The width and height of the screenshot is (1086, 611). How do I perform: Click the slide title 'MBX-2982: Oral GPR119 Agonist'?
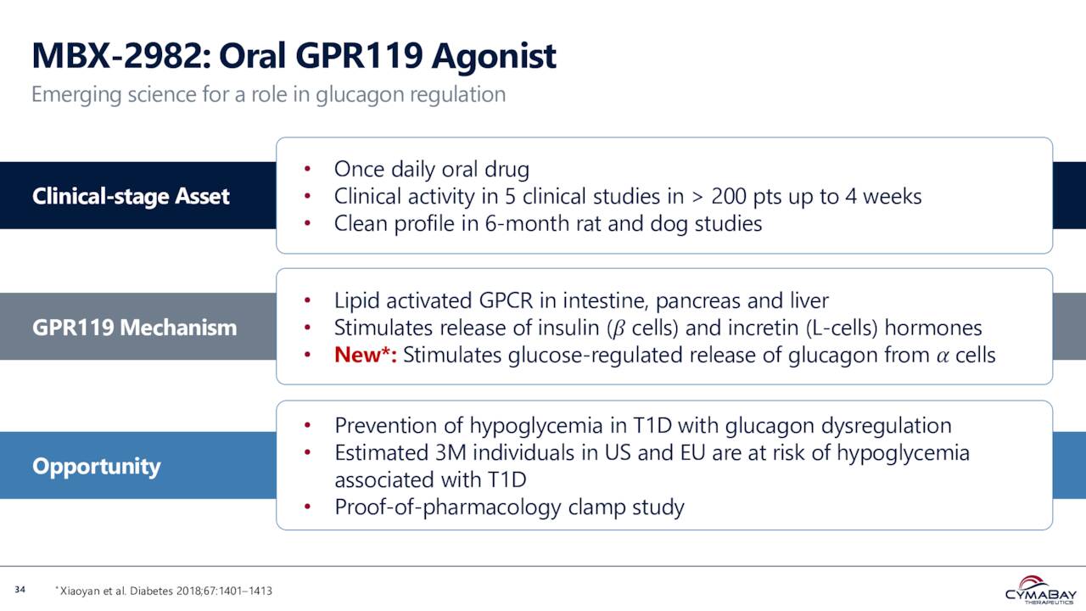click(x=294, y=57)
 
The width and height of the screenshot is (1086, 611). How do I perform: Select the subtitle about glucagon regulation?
click(x=268, y=94)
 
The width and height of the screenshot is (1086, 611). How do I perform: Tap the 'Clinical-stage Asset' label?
click(x=131, y=196)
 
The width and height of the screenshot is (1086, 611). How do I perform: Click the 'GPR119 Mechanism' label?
click(x=134, y=328)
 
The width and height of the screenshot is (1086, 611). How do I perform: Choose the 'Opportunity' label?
click(x=96, y=466)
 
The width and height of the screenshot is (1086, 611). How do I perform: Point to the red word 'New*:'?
click(x=366, y=355)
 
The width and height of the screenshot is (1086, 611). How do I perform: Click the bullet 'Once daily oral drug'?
click(x=431, y=170)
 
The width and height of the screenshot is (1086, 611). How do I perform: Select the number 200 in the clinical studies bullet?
click(x=729, y=197)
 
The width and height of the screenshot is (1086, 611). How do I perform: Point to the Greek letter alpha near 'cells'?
click(x=942, y=356)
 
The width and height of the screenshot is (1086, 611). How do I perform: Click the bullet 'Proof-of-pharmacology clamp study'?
click(x=509, y=507)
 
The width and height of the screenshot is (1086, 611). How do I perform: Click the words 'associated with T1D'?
click(x=430, y=479)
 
